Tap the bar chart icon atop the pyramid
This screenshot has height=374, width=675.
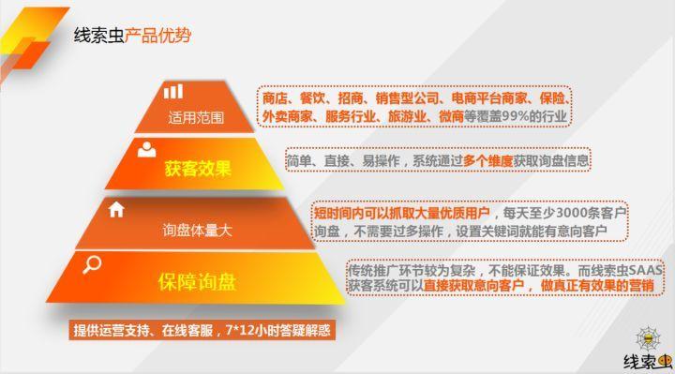173,91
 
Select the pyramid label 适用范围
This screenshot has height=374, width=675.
196,119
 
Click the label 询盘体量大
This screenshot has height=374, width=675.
196,231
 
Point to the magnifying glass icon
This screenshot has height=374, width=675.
91,265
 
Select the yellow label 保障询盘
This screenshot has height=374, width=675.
196,282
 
